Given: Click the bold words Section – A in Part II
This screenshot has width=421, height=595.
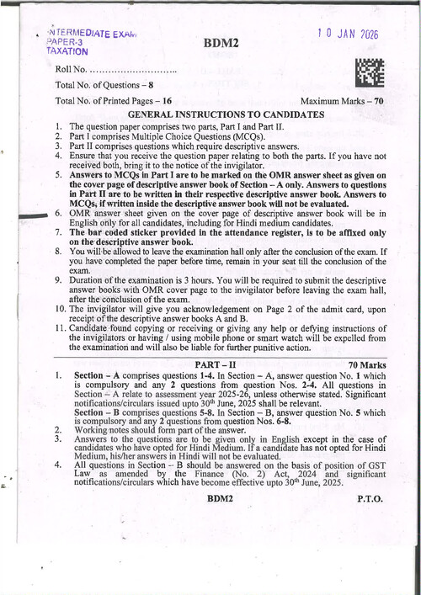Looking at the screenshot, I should (x=99, y=375).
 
